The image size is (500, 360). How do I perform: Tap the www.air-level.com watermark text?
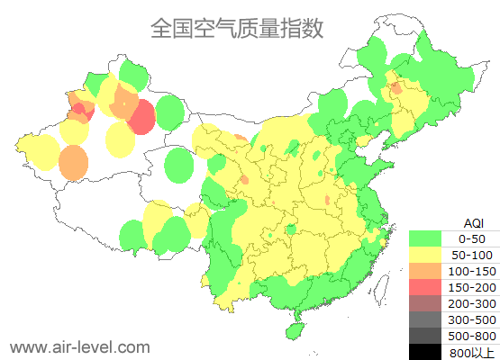point(79,346)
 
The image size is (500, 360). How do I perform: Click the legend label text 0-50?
point(472,238)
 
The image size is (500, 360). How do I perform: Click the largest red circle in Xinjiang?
point(141,117)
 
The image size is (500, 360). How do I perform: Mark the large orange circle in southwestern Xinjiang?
point(74,162)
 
